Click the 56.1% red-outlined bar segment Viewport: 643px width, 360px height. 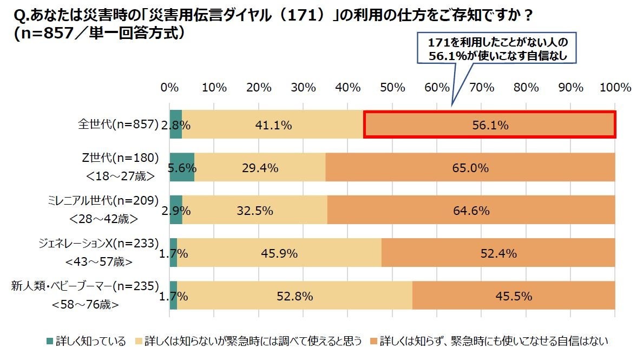[489, 125]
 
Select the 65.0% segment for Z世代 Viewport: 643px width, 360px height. [470, 168]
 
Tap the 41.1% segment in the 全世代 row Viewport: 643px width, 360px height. [272, 125]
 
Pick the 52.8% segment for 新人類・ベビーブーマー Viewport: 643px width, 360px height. [294, 296]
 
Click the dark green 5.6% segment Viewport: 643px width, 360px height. [182, 168]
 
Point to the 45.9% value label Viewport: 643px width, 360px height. [279, 253]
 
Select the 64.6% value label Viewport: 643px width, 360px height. [471, 211]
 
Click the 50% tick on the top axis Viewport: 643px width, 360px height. [392, 88]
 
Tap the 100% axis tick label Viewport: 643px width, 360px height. [615, 88]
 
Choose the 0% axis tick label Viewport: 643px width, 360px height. [170, 88]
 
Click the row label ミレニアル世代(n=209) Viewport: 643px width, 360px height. [101, 201]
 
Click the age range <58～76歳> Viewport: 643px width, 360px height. [86, 305]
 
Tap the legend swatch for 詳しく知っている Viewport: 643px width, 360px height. [50, 341]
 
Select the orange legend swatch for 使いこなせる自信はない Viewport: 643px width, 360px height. [373, 341]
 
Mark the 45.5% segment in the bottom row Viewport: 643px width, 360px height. [513, 296]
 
